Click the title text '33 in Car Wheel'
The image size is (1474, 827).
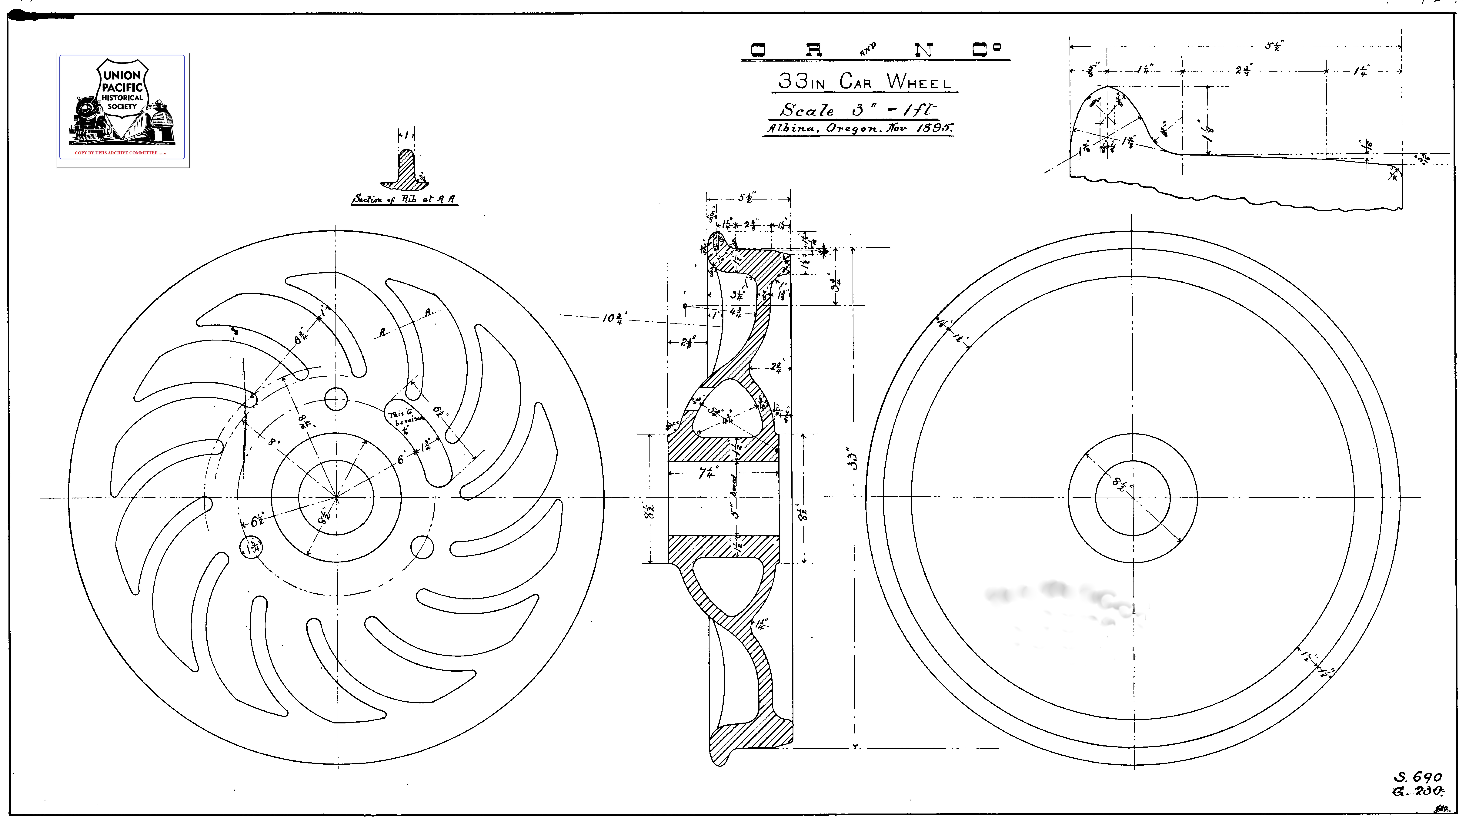pos(864,82)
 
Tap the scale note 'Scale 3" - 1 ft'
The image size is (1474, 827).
pos(858,110)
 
